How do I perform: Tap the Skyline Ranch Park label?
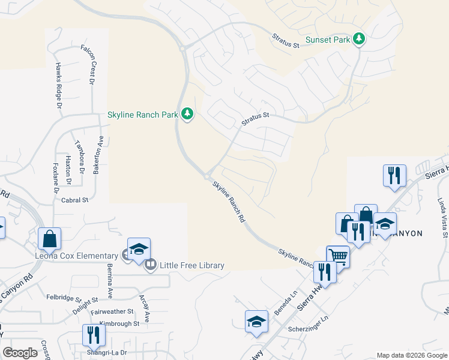pyautogui.click(x=142, y=114)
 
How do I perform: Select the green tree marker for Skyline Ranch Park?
pyautogui.click(x=187, y=113)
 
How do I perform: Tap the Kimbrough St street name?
pyautogui.click(x=119, y=323)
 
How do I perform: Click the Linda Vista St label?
pyautogui.click(x=442, y=217)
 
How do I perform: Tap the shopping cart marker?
pyautogui.click(x=338, y=257)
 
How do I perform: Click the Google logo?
pyautogui.click(x=20, y=353)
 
